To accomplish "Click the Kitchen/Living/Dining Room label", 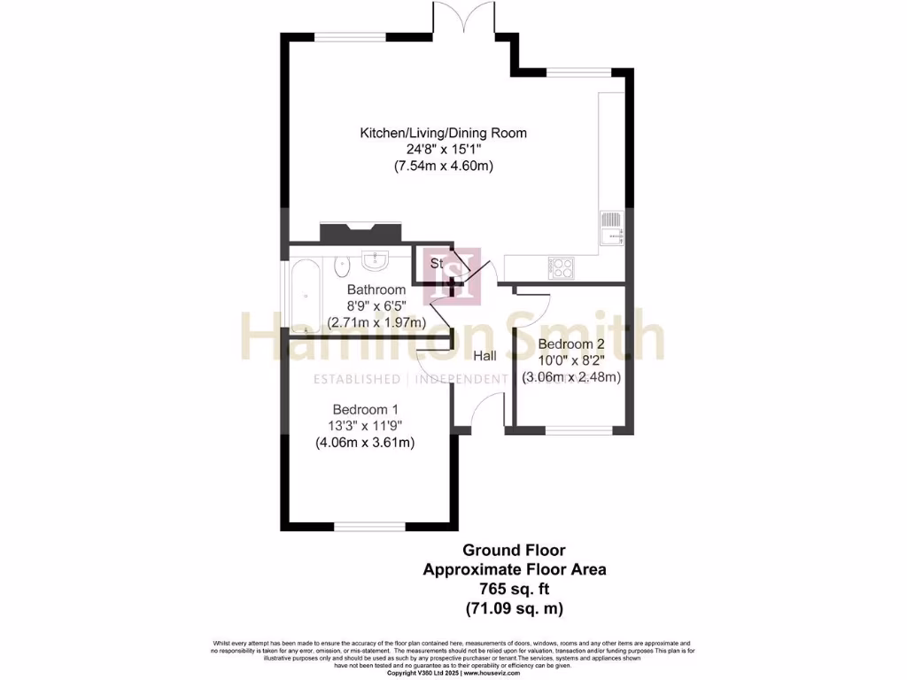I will [x=443, y=134].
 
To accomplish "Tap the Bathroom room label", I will [x=376, y=290].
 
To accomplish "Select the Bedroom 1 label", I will [x=365, y=410].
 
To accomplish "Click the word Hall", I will [x=485, y=356].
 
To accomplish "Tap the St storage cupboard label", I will [x=437, y=263].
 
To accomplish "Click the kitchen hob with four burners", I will [x=562, y=267].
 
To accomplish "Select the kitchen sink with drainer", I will [x=611, y=228].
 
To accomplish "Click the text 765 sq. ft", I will [x=515, y=589].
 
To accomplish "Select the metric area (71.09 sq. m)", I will [x=515, y=608].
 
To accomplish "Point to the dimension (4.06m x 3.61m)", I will [x=365, y=443].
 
